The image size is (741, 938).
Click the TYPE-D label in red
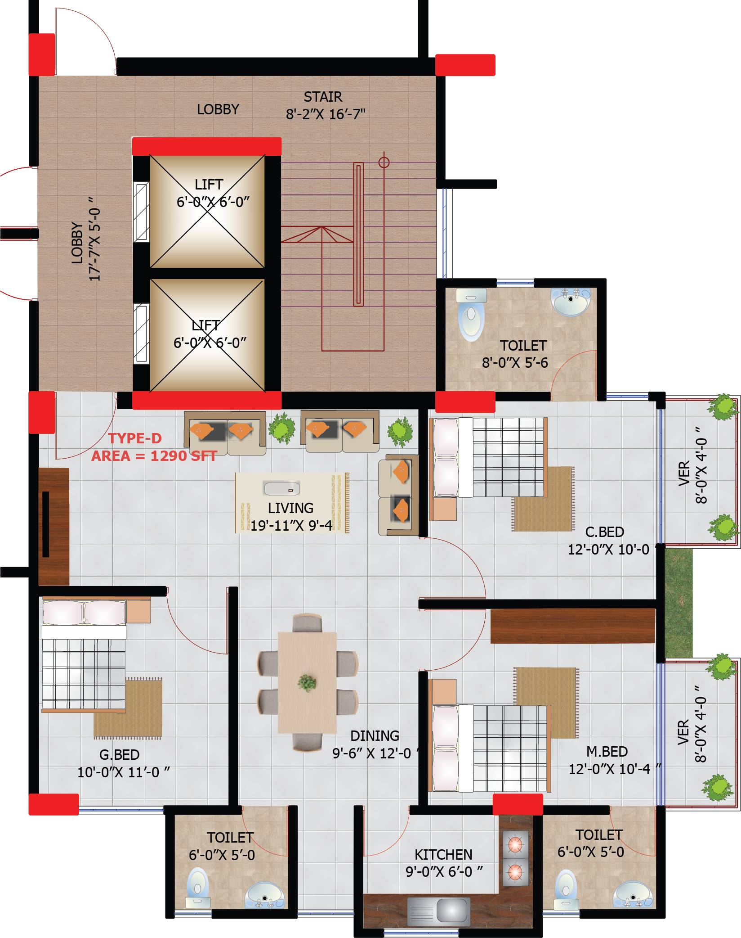[135, 438]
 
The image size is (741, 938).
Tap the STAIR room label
[323, 97]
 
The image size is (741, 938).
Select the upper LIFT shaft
[207, 212]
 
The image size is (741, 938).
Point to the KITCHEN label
[443, 854]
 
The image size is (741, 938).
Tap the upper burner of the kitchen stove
[515, 844]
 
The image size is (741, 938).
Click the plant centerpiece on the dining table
[307, 683]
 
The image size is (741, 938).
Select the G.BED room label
[119, 755]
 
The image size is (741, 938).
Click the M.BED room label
[607, 752]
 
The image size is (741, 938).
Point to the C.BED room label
[605, 532]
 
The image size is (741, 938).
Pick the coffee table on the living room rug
[281, 488]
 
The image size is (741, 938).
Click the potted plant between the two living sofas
[282, 428]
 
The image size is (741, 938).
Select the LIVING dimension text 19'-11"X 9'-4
[291, 525]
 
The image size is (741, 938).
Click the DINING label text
[375, 736]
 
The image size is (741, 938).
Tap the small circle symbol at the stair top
[384, 162]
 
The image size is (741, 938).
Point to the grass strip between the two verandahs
[679, 603]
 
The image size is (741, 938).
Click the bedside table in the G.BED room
[138, 611]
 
